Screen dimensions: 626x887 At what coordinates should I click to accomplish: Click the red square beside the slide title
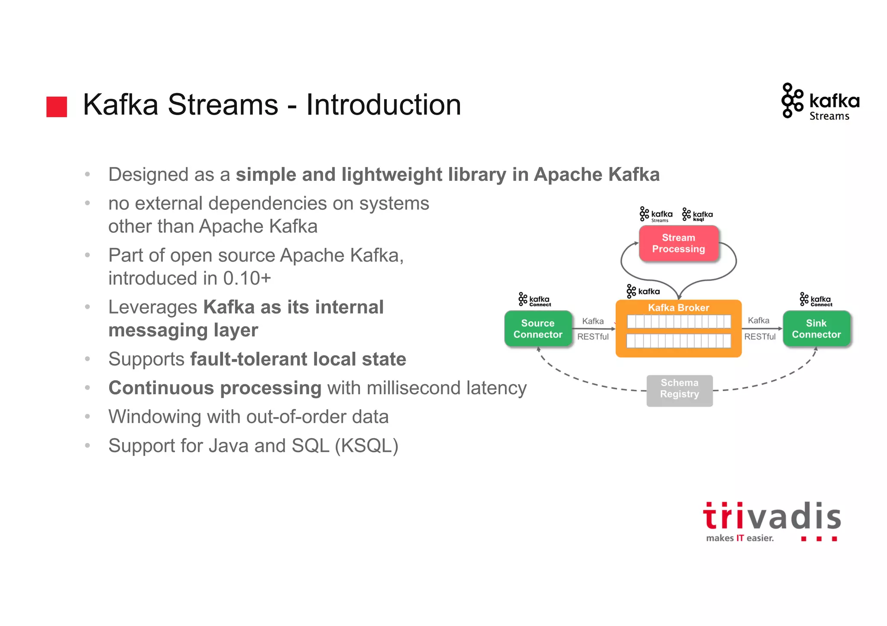[x=57, y=106]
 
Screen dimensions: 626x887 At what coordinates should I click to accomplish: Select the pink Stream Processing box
[x=678, y=243]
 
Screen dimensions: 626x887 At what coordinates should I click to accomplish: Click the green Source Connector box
[x=538, y=329]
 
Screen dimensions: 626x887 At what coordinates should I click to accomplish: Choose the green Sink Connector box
[x=816, y=329]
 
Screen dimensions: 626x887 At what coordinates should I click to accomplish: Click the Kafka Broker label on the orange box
[x=678, y=308]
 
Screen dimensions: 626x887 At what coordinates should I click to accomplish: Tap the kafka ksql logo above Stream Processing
[x=697, y=215]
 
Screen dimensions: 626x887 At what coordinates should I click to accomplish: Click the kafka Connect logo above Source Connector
[x=534, y=299]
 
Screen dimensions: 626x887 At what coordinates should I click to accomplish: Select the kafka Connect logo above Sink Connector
[x=816, y=299]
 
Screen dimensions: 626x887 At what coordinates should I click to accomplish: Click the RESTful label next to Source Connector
[x=592, y=337]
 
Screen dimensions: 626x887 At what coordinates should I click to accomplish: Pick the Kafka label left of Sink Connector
[x=758, y=321]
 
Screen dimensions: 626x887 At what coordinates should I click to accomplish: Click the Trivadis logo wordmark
[x=772, y=517]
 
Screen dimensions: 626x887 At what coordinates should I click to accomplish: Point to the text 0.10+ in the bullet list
[x=247, y=278]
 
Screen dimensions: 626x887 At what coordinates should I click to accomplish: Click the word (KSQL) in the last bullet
[x=366, y=446]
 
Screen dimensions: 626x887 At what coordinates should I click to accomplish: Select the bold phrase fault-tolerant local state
[x=298, y=360]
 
